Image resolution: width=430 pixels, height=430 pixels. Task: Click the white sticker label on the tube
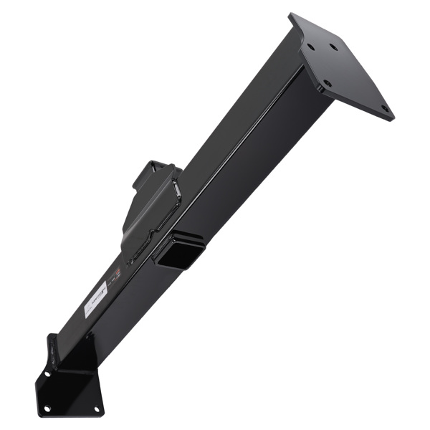click(x=95, y=299)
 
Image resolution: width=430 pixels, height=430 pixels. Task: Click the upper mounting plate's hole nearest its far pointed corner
click(x=384, y=110)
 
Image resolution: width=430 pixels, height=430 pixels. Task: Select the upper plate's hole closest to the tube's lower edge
click(x=327, y=84)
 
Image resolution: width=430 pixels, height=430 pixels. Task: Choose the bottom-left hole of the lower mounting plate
click(x=48, y=408)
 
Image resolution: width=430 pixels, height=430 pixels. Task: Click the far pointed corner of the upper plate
click(x=392, y=118)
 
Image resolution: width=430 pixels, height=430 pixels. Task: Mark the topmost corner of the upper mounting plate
click(x=291, y=14)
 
